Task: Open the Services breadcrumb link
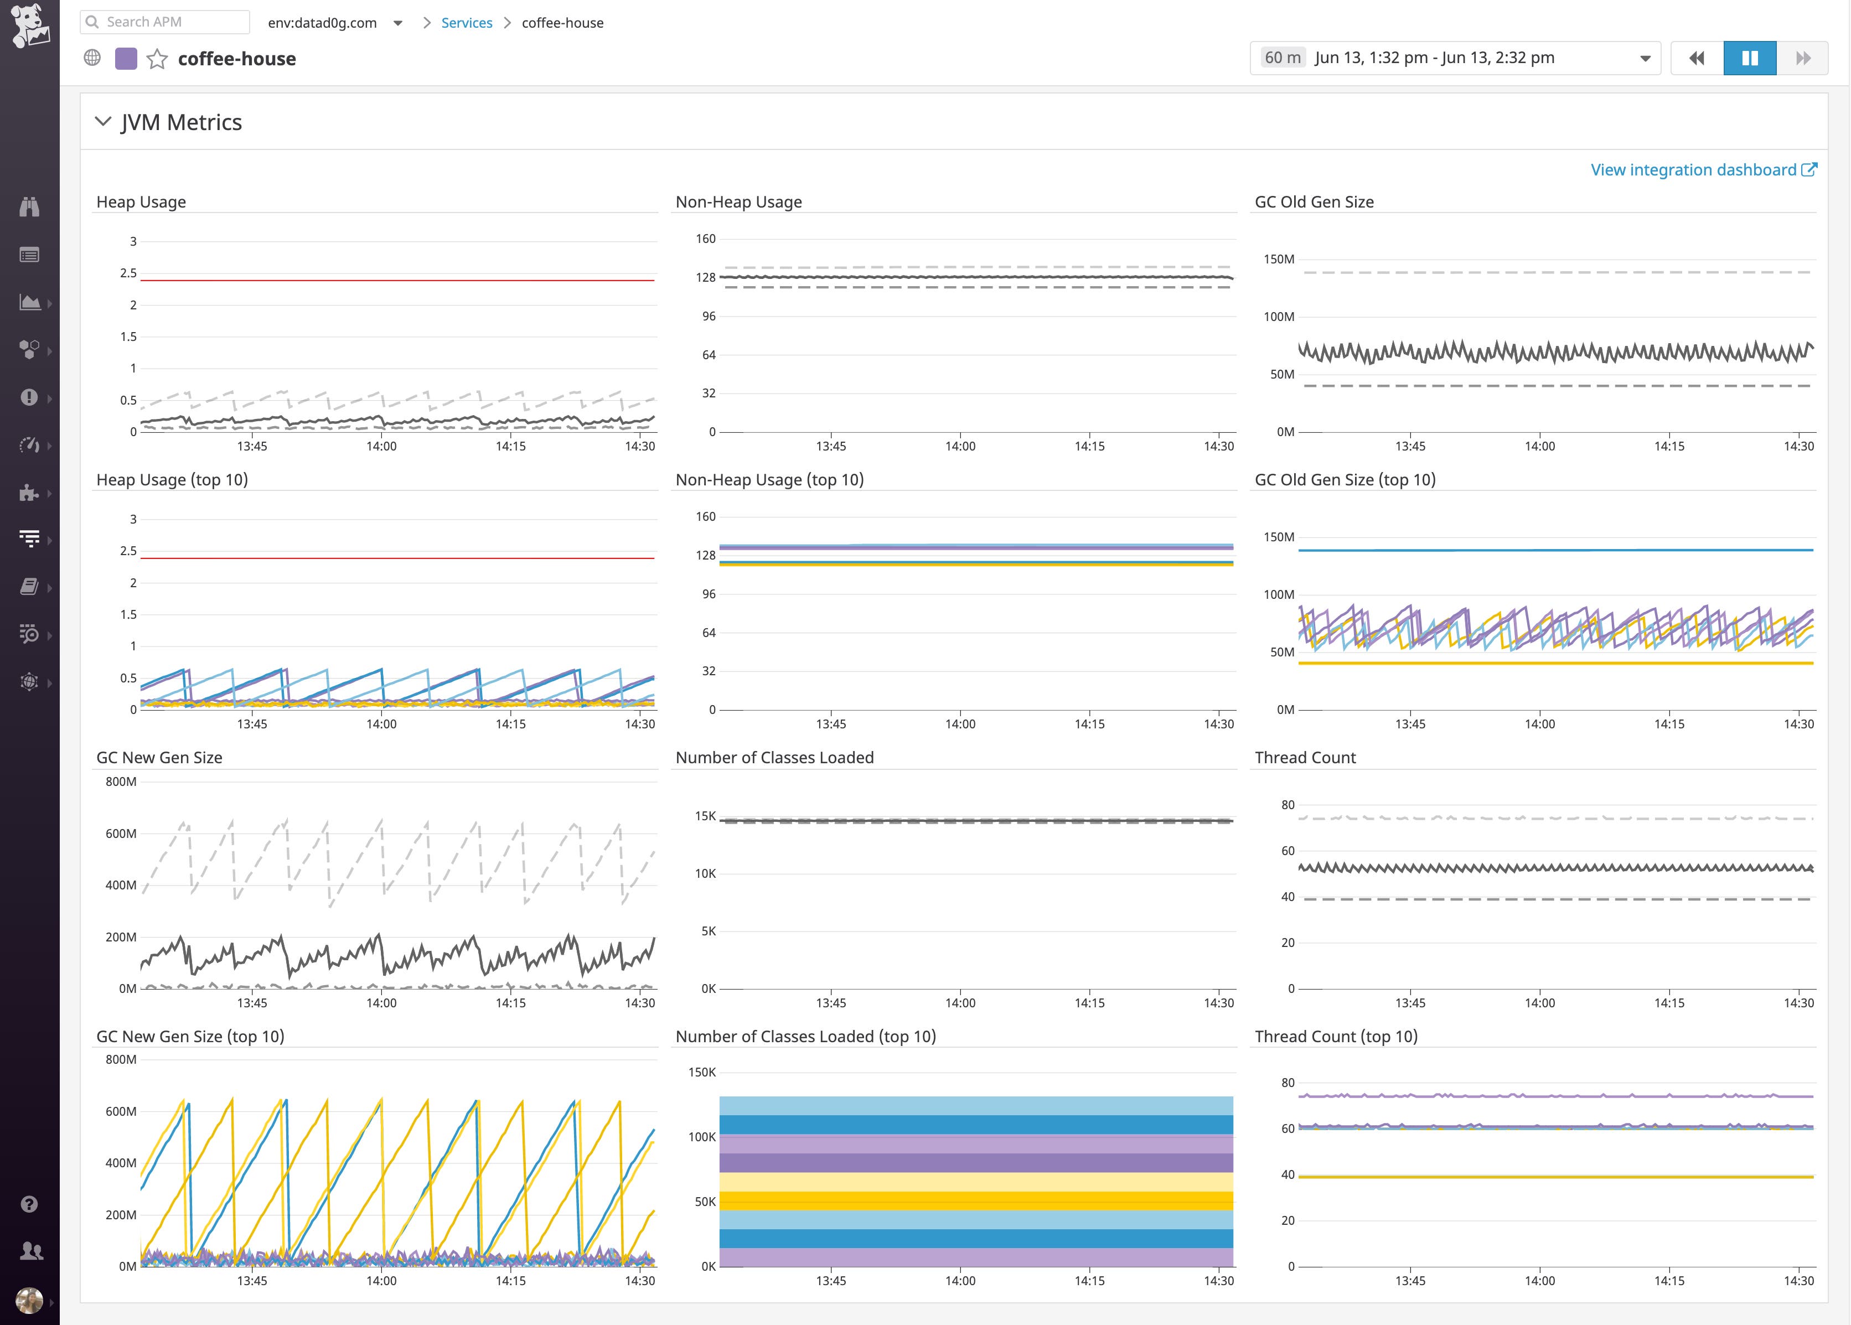coord(467,23)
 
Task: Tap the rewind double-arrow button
coord(1697,58)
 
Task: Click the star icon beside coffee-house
coord(157,59)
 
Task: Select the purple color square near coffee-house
coord(126,59)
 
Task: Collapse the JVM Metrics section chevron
coord(104,122)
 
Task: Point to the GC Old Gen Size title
coord(1314,201)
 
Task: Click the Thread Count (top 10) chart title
coord(1336,1036)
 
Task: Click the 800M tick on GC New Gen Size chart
coord(121,781)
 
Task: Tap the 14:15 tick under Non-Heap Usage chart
coord(1089,446)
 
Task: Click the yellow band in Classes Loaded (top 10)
coord(976,1200)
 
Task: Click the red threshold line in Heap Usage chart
coord(397,281)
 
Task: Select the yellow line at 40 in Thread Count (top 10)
coord(1555,1177)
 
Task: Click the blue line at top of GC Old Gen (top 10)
coord(1555,551)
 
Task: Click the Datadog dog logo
coord(29,26)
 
